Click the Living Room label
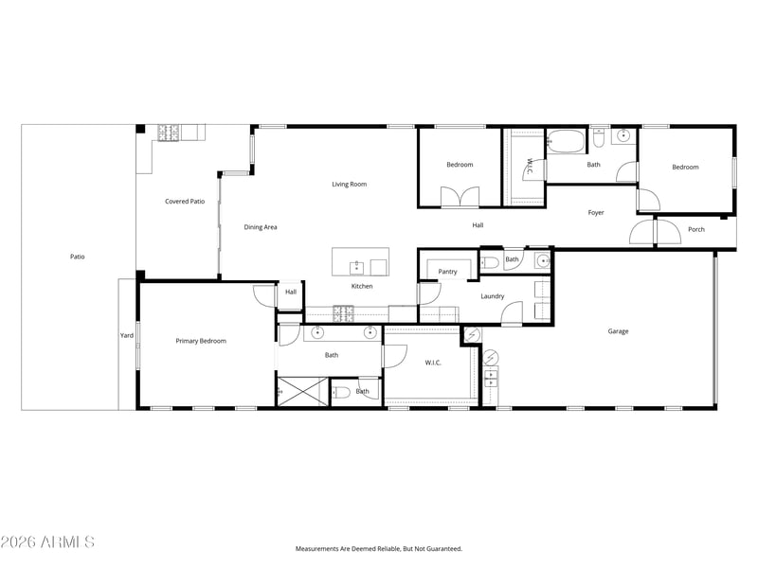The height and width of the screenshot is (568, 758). pos(349,184)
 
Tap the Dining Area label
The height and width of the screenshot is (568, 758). pos(260,227)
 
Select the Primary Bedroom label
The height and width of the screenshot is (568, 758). pos(201,341)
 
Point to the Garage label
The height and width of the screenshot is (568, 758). pos(618,331)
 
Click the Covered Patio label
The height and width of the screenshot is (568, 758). pos(185,202)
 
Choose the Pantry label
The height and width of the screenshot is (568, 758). pos(447,272)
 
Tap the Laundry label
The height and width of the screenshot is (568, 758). pos(492,296)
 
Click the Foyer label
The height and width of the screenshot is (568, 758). pos(596,212)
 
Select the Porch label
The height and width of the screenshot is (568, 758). pos(696,229)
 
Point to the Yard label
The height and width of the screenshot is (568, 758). pos(127,335)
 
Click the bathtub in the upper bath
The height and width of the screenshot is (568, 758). pos(566,142)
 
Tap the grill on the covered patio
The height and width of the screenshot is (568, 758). pos(169,133)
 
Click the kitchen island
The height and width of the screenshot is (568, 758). pos(360,262)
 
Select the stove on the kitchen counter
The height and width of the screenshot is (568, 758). pos(343,314)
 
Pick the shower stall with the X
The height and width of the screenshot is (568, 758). pos(302,391)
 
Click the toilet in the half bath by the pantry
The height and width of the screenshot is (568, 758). pos(489,263)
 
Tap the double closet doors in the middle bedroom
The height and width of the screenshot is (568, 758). pos(460,197)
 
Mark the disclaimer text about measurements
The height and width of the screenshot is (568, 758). pos(379,549)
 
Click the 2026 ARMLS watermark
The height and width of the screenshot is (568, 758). pos(47,541)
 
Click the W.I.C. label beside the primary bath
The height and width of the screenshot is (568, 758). pos(433,363)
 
